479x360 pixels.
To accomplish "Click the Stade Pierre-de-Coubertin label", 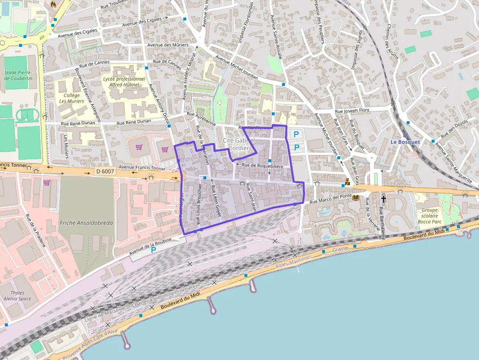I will [x=18, y=75].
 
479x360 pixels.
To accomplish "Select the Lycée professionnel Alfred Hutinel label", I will [x=124, y=82].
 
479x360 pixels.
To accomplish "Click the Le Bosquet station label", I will [x=405, y=142].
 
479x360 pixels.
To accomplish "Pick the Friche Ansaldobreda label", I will [x=86, y=223].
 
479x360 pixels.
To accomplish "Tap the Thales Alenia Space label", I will [x=17, y=295].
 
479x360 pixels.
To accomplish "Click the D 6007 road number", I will [x=105, y=171].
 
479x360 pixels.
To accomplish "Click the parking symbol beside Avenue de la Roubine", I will [x=153, y=250].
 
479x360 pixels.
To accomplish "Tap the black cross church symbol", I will [x=384, y=199].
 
